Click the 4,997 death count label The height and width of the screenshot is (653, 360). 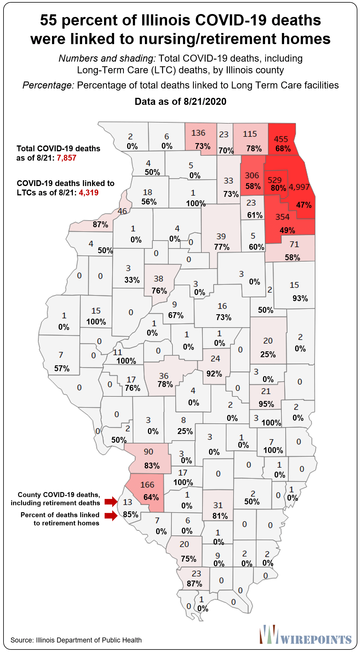coord(299,187)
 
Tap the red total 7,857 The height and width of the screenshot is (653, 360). coord(67,158)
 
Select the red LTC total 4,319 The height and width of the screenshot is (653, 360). coord(89,193)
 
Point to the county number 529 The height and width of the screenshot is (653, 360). coord(274,180)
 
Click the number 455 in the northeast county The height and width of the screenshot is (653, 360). coord(281,139)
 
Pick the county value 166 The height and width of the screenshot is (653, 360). coord(147,485)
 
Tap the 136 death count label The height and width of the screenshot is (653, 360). coord(198,133)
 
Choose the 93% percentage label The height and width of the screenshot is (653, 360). coord(300,298)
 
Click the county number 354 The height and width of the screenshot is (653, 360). coord(282,217)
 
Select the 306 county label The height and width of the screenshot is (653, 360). coord(252,175)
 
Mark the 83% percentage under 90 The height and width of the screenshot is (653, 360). coord(152,466)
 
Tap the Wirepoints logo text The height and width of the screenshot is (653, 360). coord(316,640)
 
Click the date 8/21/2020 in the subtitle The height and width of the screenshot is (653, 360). coord(205,102)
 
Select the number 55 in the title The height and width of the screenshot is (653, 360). coord(48,20)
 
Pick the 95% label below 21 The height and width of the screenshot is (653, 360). coord(266,404)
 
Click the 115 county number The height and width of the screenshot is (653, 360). coord(250,134)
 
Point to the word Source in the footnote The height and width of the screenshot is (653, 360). coord(21,640)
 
